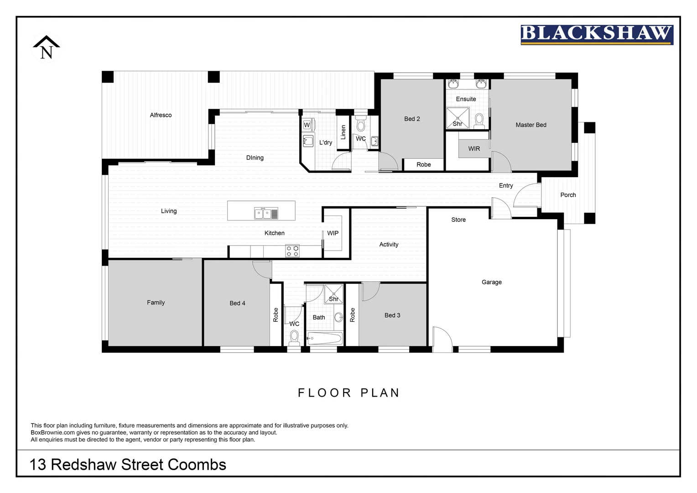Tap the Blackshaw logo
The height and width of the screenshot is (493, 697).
pos(597,35)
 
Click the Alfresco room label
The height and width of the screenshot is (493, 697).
pos(161,115)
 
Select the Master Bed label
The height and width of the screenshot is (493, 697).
pos(531,125)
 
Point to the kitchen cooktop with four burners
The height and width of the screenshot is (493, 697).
pos(292,251)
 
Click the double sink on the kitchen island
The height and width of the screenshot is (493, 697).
pos(266,213)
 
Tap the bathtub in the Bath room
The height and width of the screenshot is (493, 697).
pos(324,338)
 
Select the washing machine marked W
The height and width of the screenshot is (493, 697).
pos(307,125)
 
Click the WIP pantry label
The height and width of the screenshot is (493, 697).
pos(333,233)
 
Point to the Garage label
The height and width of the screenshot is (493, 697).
pos(491,282)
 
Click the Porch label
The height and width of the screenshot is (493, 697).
pos(568,195)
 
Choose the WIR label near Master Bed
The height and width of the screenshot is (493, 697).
pos(474,148)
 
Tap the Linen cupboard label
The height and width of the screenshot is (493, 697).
pos(343,132)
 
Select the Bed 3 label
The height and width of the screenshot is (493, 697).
pos(392,315)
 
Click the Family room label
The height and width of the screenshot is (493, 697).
pos(156,302)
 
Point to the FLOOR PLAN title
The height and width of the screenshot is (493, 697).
pos(348,393)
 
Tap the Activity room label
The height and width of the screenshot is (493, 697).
pos(389,244)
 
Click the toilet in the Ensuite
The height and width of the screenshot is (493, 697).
pos(479,121)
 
